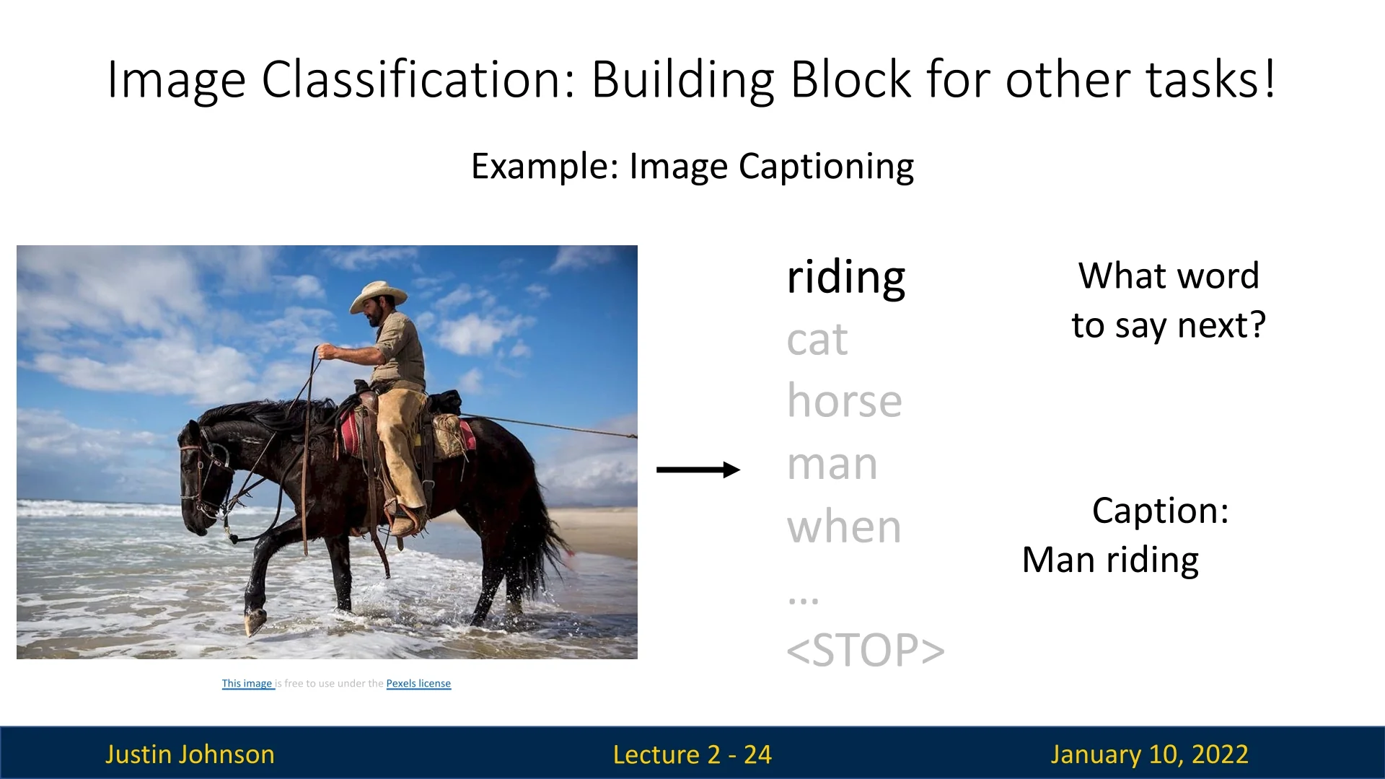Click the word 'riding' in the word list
(x=845, y=279)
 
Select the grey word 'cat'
(x=817, y=340)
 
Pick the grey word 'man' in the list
(x=832, y=465)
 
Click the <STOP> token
(x=866, y=650)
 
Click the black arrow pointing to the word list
(x=698, y=470)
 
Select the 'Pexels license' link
(x=418, y=683)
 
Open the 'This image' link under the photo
(x=247, y=683)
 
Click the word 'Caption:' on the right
(x=1161, y=511)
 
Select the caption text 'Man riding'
(x=1111, y=560)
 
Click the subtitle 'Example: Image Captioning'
(x=692, y=167)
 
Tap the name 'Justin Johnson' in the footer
(x=190, y=754)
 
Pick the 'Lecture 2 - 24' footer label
(x=692, y=754)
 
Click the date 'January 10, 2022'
(x=1150, y=754)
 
